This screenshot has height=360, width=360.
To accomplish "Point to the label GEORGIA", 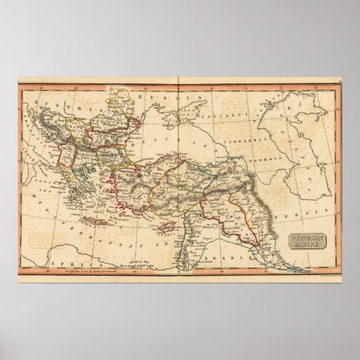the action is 281,155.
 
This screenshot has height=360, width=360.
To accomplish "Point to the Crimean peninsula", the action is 178,133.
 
